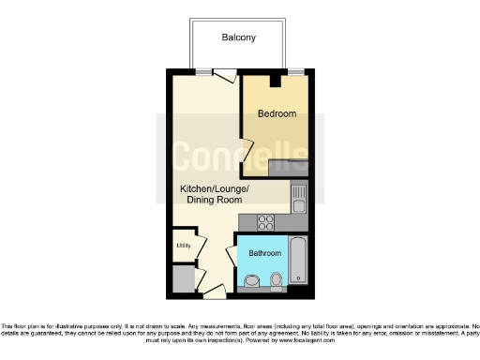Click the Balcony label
238,38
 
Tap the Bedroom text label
277,113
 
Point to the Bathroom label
265,253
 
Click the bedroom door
246,149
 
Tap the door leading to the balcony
224,78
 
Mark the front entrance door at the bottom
214,292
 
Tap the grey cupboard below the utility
183,278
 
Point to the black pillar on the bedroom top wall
275,81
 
